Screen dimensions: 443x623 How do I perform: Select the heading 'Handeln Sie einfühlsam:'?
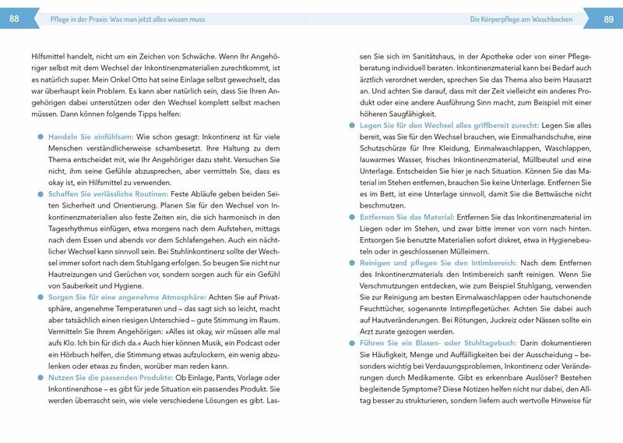tap(91, 136)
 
